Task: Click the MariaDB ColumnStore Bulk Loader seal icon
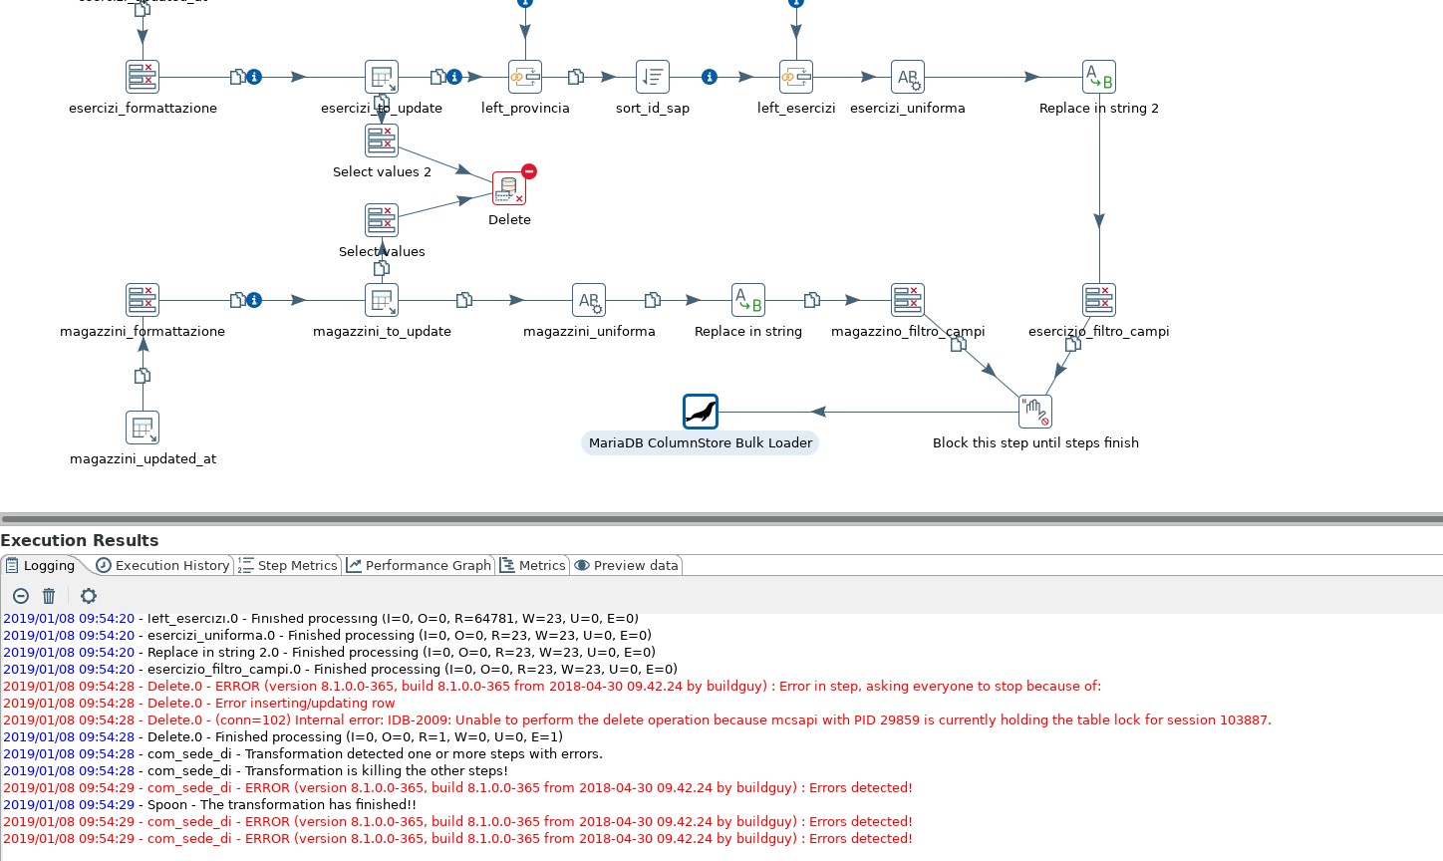click(701, 412)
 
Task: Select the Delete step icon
click(509, 189)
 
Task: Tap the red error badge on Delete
click(529, 171)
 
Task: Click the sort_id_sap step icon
click(653, 77)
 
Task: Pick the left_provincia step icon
click(525, 77)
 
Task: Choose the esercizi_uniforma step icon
click(908, 77)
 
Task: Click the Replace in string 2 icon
click(1099, 77)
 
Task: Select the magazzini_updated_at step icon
click(143, 428)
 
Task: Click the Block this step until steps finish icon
click(1035, 412)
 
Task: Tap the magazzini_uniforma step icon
click(589, 300)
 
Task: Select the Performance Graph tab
click(420, 565)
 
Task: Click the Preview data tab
click(627, 565)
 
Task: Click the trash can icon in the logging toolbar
click(49, 596)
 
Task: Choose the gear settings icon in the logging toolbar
click(89, 596)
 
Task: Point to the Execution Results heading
click(80, 540)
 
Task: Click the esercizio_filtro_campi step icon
click(1099, 300)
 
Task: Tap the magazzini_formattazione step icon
click(143, 300)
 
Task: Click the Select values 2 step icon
click(382, 141)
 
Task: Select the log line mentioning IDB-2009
click(638, 719)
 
